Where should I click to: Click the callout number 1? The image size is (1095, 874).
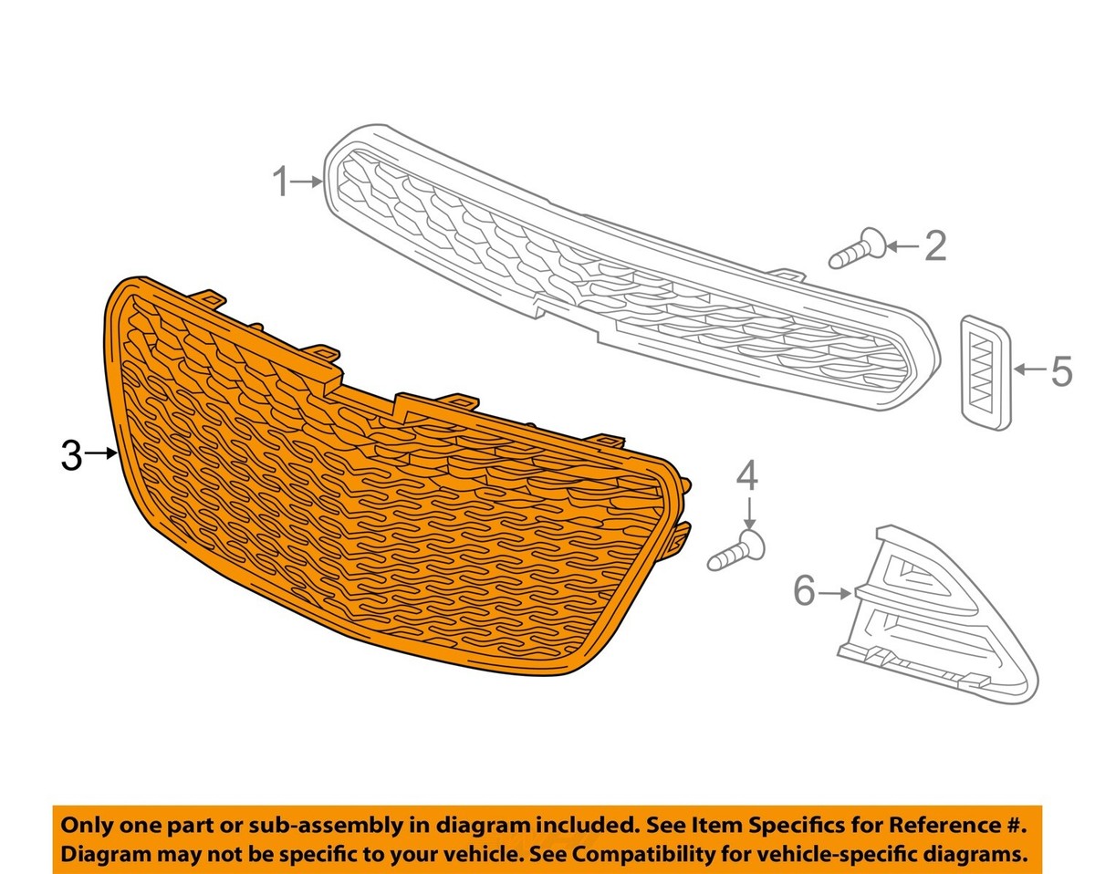pyautogui.click(x=281, y=182)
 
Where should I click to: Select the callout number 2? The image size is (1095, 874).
pyautogui.click(x=935, y=246)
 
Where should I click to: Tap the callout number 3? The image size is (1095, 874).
pyautogui.click(x=71, y=455)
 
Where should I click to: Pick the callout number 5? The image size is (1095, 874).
pyautogui.click(x=1062, y=370)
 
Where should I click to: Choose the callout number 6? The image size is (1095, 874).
pyautogui.click(x=805, y=593)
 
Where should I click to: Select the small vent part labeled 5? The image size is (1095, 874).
pyautogui.click(x=985, y=373)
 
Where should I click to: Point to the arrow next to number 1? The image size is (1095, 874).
pyautogui.click(x=307, y=182)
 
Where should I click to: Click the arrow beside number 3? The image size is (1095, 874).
pyautogui.click(x=100, y=453)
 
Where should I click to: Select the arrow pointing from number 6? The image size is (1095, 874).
pyautogui.click(x=835, y=593)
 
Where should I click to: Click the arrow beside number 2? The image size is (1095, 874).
pyautogui.click(x=903, y=246)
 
